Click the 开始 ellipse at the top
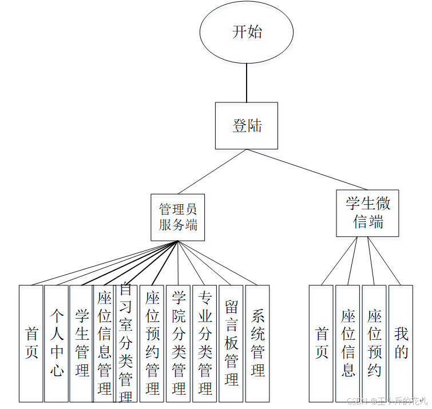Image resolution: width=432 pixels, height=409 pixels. point(247,33)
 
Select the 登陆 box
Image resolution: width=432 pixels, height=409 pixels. point(247,126)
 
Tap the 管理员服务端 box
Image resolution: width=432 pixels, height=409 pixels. point(178,217)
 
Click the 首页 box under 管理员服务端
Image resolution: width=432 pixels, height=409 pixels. point(31,343)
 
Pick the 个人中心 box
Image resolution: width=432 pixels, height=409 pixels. point(57,343)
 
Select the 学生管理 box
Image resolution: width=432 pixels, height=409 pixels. point(81,343)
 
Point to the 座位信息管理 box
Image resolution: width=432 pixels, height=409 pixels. point(104,343)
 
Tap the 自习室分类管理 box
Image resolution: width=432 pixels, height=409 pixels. point(126,343)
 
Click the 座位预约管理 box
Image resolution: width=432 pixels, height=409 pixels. point(152,343)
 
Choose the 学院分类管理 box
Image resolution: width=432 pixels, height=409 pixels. point(178,343)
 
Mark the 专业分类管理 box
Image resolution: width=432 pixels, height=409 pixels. point(204,343)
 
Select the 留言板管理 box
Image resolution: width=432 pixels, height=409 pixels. point(231,343)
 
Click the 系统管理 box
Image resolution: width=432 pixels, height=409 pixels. point(257,343)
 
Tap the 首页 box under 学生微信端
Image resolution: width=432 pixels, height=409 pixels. point(321,343)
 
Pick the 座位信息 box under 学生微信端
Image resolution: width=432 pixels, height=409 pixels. point(348,343)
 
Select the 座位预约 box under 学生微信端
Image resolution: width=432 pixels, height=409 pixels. point(374,343)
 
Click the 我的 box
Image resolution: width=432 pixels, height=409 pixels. point(401,343)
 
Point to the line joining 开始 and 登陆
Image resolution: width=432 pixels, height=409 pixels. point(247,82)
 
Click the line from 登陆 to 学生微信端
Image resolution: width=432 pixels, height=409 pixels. point(309,170)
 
